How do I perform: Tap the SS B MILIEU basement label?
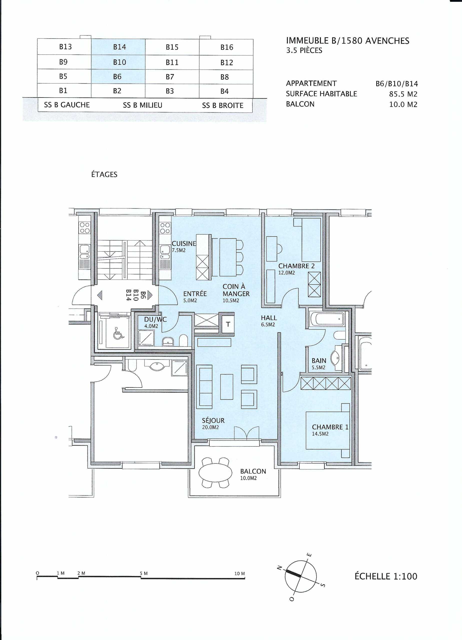point(143,105)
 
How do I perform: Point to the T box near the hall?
point(228,324)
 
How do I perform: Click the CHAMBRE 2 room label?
point(296,266)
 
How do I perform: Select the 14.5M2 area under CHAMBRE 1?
point(320,434)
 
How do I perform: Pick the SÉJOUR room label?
point(213,420)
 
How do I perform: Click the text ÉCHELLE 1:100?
point(386,576)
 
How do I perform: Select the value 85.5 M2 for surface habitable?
point(403,94)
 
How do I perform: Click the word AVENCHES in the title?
point(387,41)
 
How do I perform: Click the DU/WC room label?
point(155,319)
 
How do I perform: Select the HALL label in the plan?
point(269,318)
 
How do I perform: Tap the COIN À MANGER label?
point(236,290)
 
